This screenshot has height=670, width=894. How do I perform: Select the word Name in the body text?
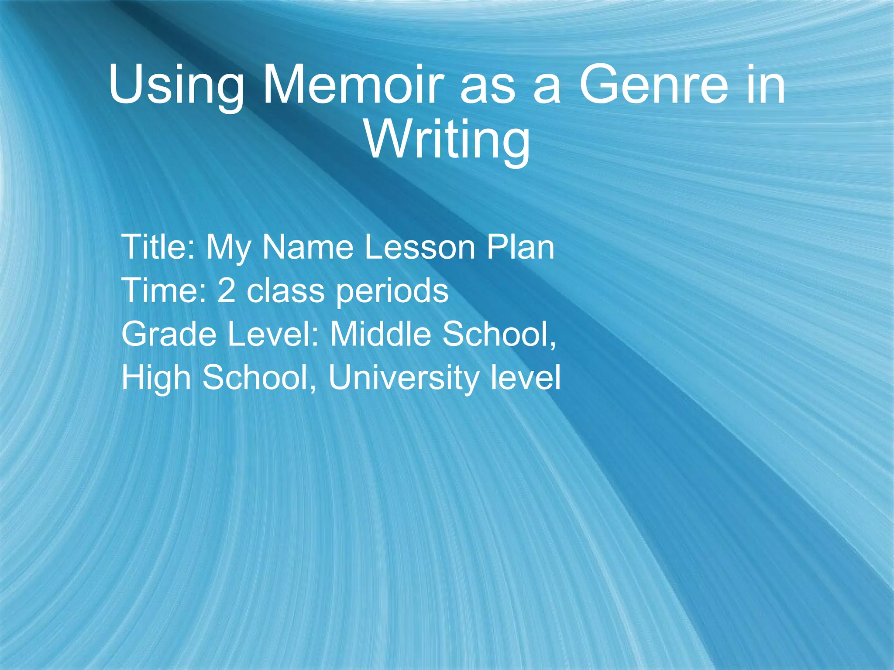308,247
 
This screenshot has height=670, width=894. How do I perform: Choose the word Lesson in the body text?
420,247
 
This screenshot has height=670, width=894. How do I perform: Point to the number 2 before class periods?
226,291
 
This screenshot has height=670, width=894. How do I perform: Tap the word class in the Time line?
285,291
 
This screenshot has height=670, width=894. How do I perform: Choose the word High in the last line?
156,379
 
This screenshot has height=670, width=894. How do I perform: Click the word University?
403,379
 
